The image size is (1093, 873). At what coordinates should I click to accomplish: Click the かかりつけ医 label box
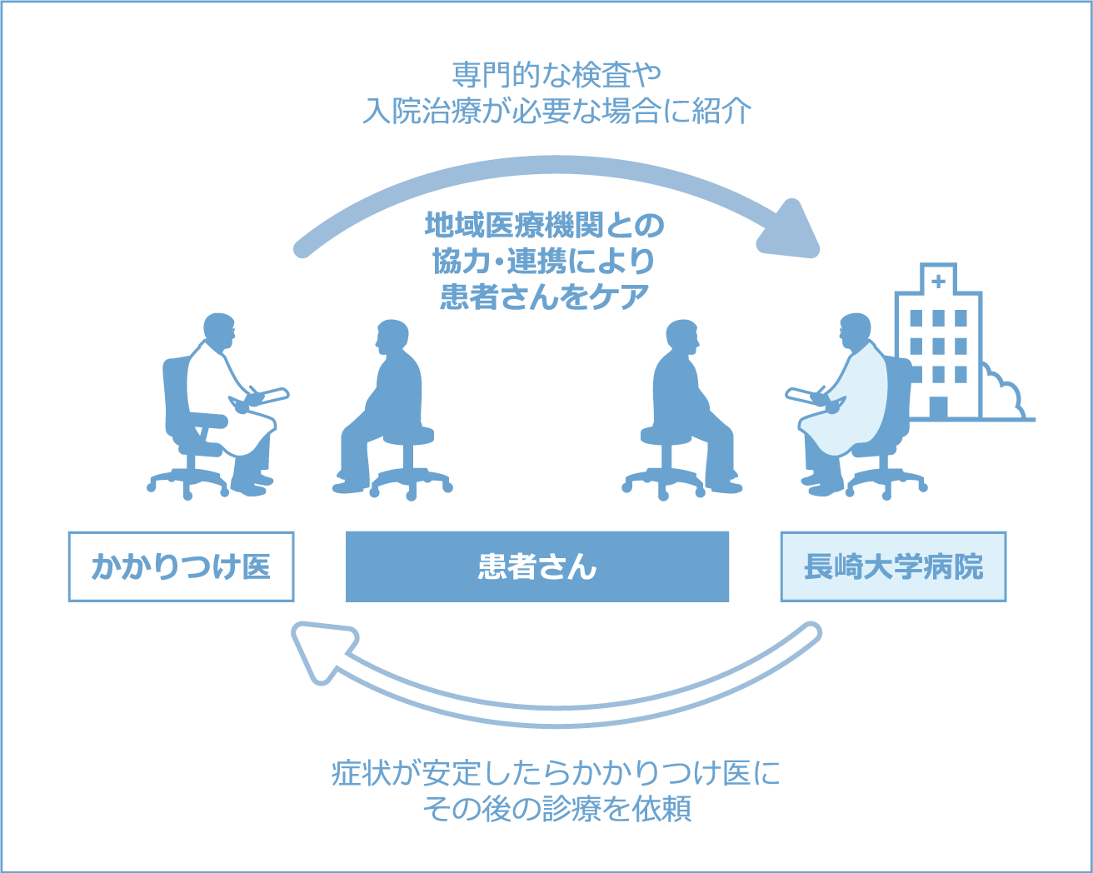pyautogui.click(x=181, y=566)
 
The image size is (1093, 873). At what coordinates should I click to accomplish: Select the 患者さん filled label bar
pyautogui.click(x=537, y=566)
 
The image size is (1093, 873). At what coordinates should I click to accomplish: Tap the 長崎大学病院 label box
pyautogui.click(x=893, y=566)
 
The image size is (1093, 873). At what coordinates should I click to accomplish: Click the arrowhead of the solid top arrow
pyautogui.click(x=789, y=230)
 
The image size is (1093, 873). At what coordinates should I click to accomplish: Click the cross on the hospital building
pyautogui.click(x=938, y=282)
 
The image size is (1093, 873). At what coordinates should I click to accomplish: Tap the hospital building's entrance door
pyautogui.click(x=938, y=407)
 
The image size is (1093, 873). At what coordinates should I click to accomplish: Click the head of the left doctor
pyautogui.click(x=219, y=329)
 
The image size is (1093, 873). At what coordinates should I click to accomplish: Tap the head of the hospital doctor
pyautogui.click(x=855, y=331)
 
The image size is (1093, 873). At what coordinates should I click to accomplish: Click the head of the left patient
pyautogui.click(x=392, y=337)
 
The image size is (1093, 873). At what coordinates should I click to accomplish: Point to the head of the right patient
pyautogui.click(x=681, y=337)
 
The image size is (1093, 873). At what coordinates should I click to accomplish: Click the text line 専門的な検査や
pyautogui.click(x=556, y=75)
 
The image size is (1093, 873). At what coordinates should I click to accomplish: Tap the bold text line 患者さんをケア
pyautogui.click(x=545, y=297)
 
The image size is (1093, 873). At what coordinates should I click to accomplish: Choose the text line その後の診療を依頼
pyautogui.click(x=556, y=808)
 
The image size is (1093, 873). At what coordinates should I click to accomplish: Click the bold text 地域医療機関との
pyautogui.click(x=545, y=226)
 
